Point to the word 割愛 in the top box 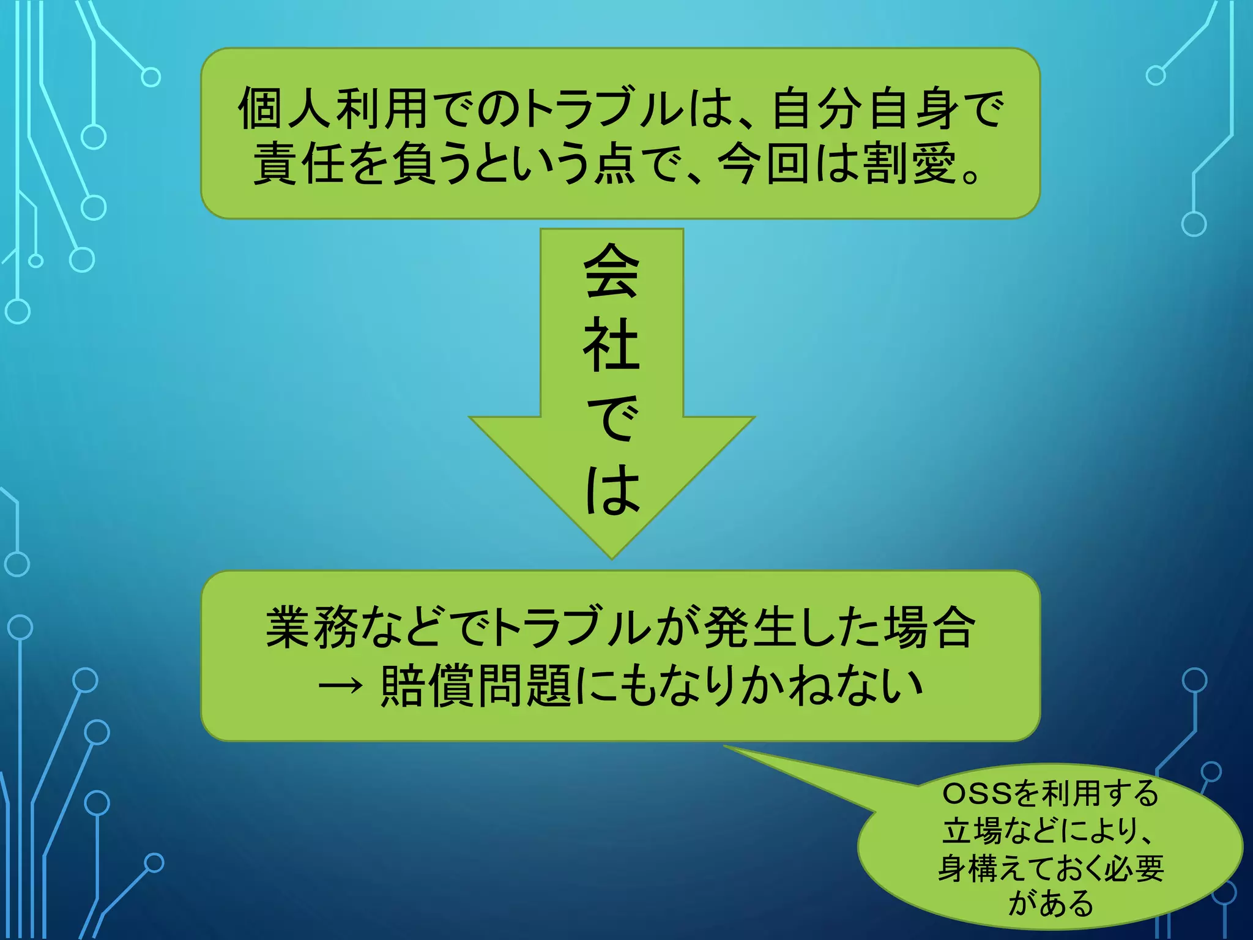909,164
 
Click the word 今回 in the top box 764,164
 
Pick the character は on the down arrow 611,490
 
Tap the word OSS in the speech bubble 977,794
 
